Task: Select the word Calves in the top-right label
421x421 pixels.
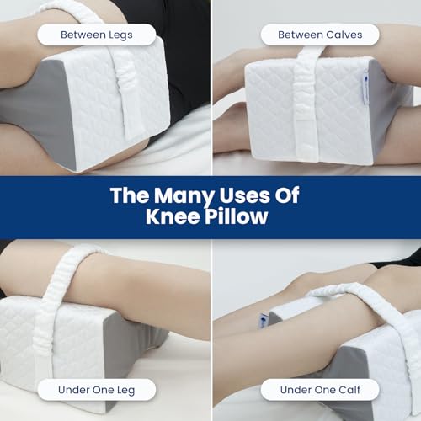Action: click(344, 35)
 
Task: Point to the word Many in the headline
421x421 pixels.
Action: click(184, 196)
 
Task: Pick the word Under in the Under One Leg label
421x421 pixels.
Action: click(73, 390)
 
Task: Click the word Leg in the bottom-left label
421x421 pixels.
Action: click(126, 391)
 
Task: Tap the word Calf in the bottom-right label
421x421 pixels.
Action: click(349, 390)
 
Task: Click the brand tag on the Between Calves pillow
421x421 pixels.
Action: click(365, 88)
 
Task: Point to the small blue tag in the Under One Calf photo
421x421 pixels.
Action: click(263, 322)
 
